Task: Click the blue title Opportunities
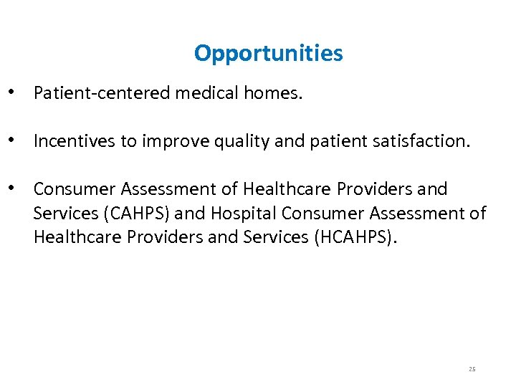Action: [268, 53]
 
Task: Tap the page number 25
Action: [472, 369]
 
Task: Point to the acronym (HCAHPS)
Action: [354, 237]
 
